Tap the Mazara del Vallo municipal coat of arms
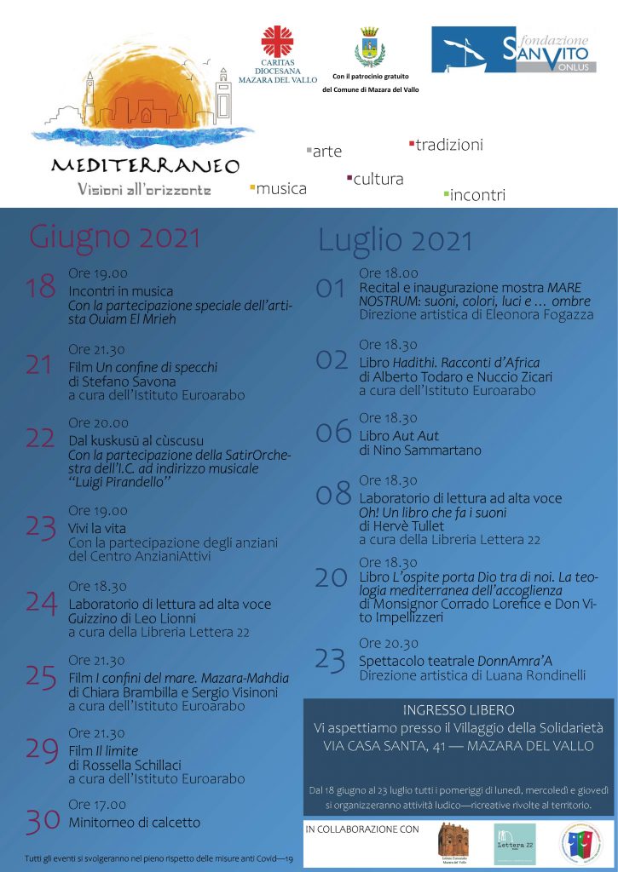(370, 47)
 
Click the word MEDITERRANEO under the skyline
(144, 166)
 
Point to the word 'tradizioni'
(449, 145)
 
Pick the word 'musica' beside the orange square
(281, 189)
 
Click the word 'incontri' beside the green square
(477, 195)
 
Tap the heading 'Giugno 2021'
(115, 238)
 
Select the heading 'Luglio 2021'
(395, 241)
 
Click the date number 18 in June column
(40, 287)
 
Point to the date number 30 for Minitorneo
(42, 821)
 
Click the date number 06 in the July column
(333, 433)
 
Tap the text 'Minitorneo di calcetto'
(135, 823)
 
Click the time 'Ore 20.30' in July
(388, 644)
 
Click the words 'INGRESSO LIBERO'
(459, 710)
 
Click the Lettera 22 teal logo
(515, 844)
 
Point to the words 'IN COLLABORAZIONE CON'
(362, 829)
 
